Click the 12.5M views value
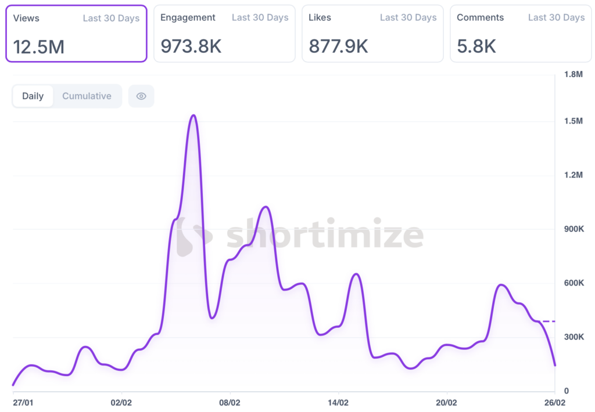click(39, 46)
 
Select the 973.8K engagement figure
click(191, 46)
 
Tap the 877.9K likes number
click(338, 46)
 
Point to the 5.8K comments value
click(476, 46)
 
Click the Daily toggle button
click(33, 96)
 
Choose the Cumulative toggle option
click(87, 96)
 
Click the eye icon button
click(141, 96)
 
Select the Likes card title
click(320, 17)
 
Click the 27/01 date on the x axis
click(23, 402)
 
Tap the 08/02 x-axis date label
click(230, 402)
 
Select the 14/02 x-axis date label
click(338, 402)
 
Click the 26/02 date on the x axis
click(554, 402)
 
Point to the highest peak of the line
click(193, 115)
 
